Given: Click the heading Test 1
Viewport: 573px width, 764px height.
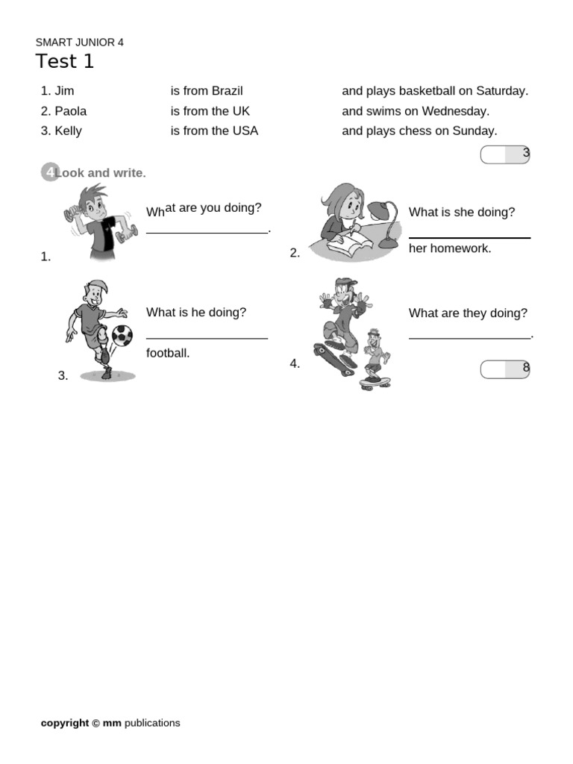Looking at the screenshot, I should click(x=65, y=62).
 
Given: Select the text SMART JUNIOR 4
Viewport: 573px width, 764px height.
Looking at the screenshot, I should click(x=80, y=43).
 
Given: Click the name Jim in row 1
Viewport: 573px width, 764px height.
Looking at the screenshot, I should click(x=64, y=91).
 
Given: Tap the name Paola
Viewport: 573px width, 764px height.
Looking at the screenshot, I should click(x=70, y=111).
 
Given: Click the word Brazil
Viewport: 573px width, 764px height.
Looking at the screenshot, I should click(x=227, y=91).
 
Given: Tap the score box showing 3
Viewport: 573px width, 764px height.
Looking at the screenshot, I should click(x=505, y=154).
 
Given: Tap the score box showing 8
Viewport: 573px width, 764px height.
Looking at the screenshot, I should click(x=505, y=369).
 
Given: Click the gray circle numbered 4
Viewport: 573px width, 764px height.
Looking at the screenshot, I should click(x=49, y=173).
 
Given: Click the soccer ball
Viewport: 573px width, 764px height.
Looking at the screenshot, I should click(x=122, y=335).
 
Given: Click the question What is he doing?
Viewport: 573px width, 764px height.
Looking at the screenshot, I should click(x=195, y=313).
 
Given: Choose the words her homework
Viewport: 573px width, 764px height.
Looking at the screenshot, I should click(x=450, y=248).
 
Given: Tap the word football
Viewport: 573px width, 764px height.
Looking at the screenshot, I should click(x=168, y=353).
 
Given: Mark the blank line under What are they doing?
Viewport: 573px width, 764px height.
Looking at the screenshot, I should click(x=469, y=338).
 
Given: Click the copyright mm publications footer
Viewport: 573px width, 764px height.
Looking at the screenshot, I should click(x=110, y=723).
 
